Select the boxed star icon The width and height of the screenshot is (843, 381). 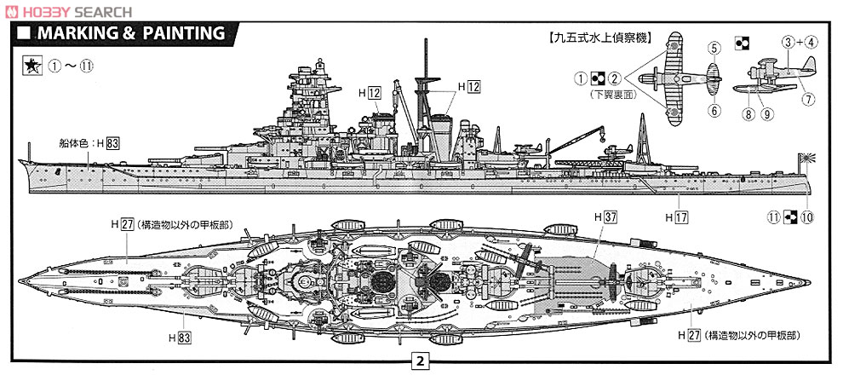pyautogui.click(x=28, y=66)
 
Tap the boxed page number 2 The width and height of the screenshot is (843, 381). pyautogui.click(x=419, y=361)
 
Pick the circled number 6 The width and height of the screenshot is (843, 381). pyautogui.click(x=714, y=109)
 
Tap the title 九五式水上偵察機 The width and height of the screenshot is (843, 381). pyautogui.click(x=595, y=38)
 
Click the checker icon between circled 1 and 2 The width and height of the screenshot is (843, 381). pyautogui.click(x=597, y=79)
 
